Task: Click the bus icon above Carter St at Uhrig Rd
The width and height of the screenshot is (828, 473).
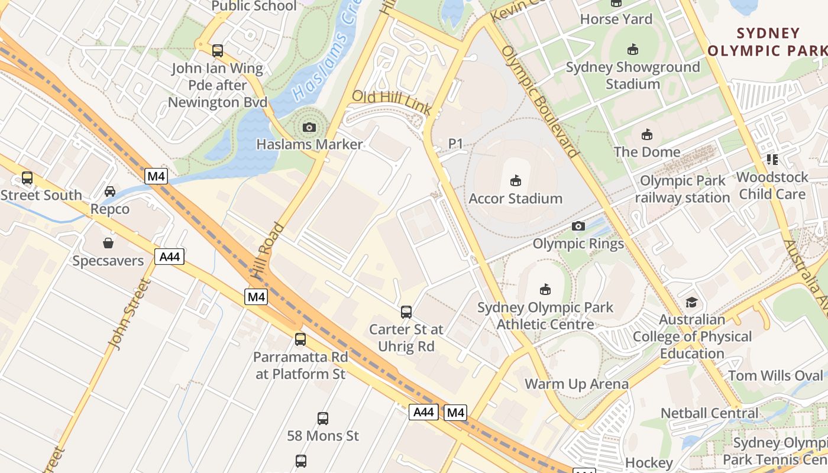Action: pos(406,312)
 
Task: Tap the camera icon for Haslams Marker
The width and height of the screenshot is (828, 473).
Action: pos(309,127)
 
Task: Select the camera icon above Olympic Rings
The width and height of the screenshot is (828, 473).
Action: pos(578,226)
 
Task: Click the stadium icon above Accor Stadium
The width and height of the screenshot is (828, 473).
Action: pos(516,180)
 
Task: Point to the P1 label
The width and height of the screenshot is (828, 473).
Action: pos(455,143)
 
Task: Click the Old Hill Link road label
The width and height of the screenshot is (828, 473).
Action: pos(391,102)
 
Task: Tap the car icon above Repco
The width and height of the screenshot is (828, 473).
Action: pos(110,191)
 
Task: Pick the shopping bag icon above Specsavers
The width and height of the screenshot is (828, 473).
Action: pos(108,243)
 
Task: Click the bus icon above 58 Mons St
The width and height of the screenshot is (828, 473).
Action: pos(323,419)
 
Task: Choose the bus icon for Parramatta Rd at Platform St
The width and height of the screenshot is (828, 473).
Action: pos(300,339)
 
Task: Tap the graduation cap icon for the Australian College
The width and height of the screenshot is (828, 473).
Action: pos(691,303)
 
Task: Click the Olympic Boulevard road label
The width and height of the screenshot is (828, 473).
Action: pos(539,102)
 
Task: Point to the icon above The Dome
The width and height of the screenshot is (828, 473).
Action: pos(647,135)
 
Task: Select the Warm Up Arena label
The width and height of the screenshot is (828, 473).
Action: pos(577,384)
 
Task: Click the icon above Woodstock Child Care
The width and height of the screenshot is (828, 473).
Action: pos(772,160)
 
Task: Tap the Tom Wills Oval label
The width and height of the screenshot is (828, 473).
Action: pos(775,375)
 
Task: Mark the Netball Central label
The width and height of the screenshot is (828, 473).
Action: pos(709,413)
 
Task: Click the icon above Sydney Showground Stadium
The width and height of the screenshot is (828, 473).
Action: pos(633,49)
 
